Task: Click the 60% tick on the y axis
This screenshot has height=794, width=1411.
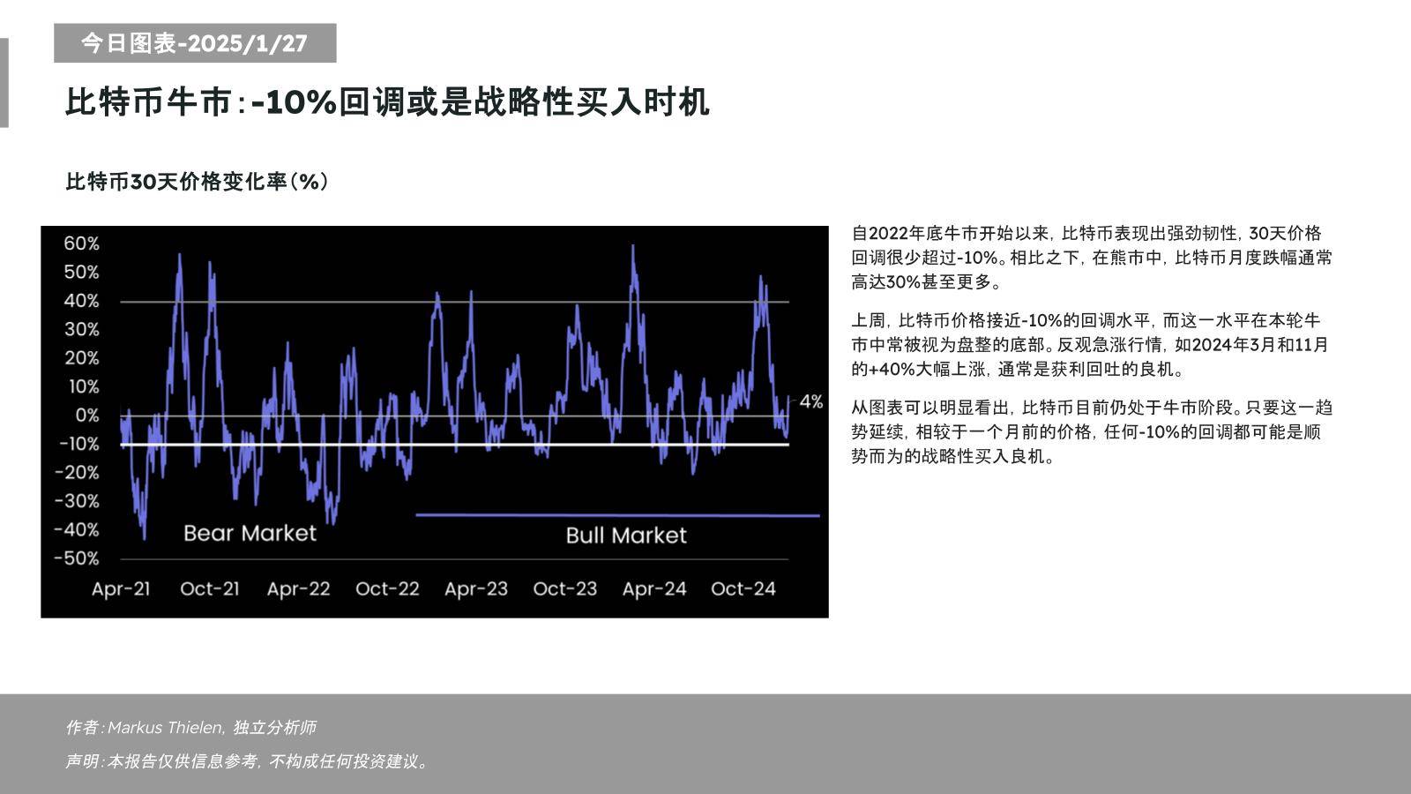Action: click(x=81, y=243)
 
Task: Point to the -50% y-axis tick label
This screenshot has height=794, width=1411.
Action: click(x=77, y=558)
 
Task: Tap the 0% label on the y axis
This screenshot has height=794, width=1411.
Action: click(x=86, y=415)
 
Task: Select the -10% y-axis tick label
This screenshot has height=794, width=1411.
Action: click(x=78, y=444)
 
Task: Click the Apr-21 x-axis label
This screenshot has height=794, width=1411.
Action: click(x=121, y=588)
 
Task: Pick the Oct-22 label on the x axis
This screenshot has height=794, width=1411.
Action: click(x=387, y=588)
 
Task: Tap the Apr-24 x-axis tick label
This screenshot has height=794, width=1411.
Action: click(x=653, y=588)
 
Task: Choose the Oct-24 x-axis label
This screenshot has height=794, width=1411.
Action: click(x=743, y=588)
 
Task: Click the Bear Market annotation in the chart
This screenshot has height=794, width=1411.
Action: click(x=250, y=533)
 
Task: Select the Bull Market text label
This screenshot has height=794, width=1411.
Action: click(x=625, y=536)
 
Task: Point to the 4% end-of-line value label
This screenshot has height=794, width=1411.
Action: click(x=810, y=402)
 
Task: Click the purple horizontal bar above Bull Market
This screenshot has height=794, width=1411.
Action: click(x=617, y=515)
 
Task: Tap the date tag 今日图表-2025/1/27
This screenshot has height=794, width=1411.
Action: click(x=195, y=43)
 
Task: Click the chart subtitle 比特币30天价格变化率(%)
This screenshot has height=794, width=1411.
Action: click(x=197, y=182)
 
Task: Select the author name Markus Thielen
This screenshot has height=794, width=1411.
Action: click(x=165, y=728)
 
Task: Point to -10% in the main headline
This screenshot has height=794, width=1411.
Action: click(x=294, y=102)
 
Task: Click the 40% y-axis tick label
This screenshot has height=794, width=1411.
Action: click(x=81, y=301)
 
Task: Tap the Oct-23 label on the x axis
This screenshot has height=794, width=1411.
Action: click(x=564, y=588)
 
